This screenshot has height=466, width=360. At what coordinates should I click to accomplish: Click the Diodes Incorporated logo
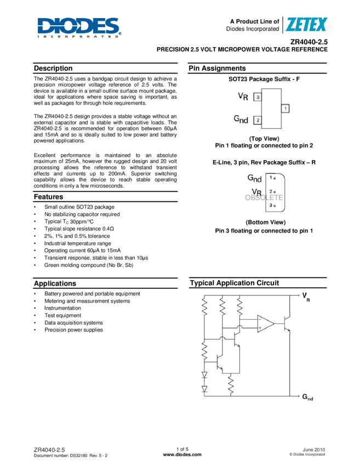point(79,27)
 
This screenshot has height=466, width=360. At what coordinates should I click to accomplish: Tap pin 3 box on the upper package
point(258,97)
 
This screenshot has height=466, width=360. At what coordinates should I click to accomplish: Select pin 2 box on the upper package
point(258,120)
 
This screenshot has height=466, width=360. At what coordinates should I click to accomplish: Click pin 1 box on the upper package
point(285,109)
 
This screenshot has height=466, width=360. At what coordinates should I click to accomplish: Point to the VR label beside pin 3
point(243,96)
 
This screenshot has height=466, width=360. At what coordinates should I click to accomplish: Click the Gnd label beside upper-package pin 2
point(241,120)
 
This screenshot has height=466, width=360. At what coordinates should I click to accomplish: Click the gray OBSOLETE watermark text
point(264,197)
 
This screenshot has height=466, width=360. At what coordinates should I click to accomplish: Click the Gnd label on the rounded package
point(254,178)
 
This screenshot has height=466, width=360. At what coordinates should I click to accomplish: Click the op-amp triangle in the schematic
point(266,323)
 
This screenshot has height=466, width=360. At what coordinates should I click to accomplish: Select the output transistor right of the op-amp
point(287,323)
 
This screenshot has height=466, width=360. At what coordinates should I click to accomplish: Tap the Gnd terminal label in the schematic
point(307,396)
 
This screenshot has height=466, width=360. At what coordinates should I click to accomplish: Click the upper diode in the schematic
point(204,376)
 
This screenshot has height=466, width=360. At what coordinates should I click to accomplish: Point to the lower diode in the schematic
point(204,389)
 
